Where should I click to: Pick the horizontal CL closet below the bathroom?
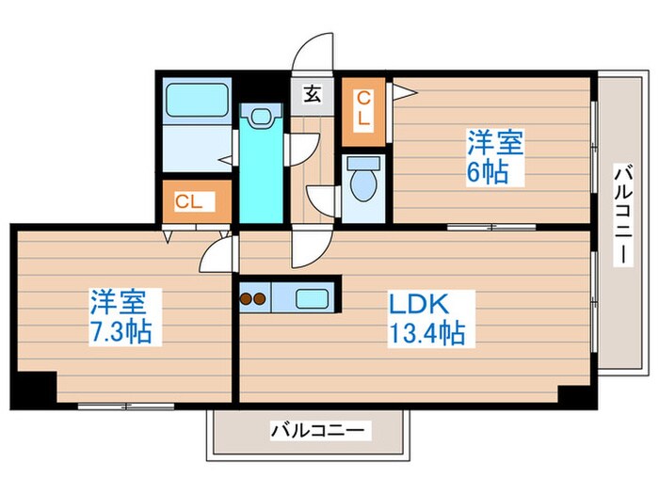coord(193,201)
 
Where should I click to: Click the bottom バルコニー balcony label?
coord(318,432)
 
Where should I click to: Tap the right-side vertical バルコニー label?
coord(622,215)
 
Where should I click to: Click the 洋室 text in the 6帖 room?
coord(496,144)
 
